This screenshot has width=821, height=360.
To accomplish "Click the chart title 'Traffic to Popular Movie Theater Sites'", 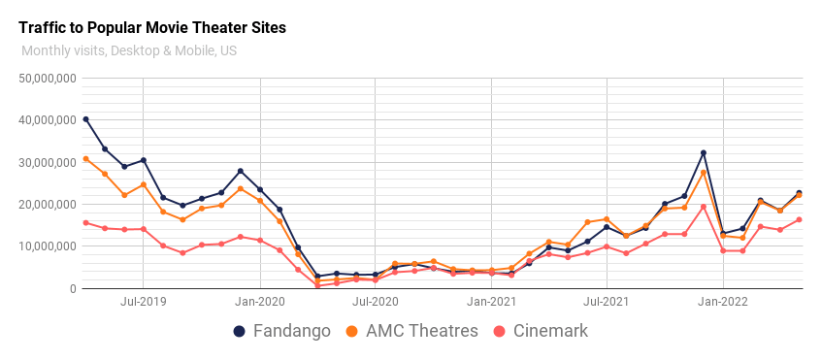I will coord(152,28).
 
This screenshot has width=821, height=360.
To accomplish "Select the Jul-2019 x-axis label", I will coord(143,302).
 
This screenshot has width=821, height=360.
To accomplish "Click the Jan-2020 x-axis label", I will coord(259,302).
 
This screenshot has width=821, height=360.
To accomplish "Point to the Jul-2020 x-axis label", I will coord(375,302).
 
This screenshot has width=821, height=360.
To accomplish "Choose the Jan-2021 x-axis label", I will coord(491,302).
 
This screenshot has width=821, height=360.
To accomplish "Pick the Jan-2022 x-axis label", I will coord(723,302).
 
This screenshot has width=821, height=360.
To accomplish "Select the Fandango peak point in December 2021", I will coord(704,152).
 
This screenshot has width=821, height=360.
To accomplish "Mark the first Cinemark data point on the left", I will coord(85,222).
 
